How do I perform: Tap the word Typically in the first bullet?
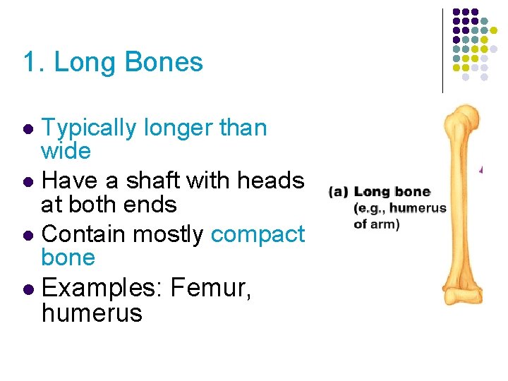[x=88, y=128]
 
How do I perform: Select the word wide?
[x=66, y=150]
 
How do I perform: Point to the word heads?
[x=270, y=181]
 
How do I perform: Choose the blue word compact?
[x=258, y=234]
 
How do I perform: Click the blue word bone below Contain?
[x=68, y=257]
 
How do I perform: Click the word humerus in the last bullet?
[x=92, y=313]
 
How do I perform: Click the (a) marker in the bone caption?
[x=339, y=191]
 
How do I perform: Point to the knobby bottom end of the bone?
[x=462, y=294]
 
